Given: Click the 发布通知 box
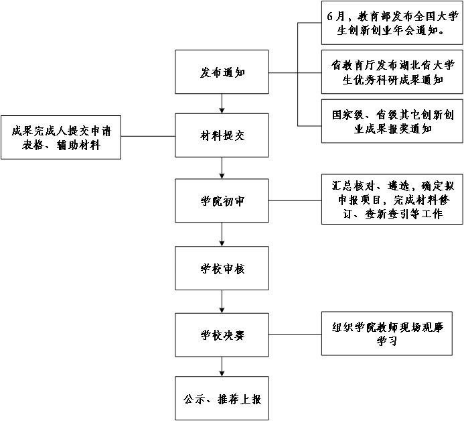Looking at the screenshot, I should (222, 72).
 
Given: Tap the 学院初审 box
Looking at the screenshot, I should (222, 200).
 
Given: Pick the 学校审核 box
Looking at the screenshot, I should (222, 269).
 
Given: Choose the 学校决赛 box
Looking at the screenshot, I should (222, 335).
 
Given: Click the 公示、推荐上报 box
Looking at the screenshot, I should (222, 398).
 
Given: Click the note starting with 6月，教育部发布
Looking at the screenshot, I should (392, 23).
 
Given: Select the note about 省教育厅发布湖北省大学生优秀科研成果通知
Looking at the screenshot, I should (392, 72).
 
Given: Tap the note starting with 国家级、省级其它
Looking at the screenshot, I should (392, 121).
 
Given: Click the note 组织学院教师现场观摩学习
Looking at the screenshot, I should (392, 334).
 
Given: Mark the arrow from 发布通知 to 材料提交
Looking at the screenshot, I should (222, 103).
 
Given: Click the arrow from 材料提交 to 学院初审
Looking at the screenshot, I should (222, 168).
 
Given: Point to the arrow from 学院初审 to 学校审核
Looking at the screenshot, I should (222, 234).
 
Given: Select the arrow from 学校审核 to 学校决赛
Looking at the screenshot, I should (222, 302).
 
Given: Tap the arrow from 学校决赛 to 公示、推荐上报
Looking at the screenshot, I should (222, 367).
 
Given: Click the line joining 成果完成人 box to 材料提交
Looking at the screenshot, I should (148, 136).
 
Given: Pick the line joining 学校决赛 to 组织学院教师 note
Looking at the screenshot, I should (295, 335).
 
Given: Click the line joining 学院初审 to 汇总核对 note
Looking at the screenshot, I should (295, 200).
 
